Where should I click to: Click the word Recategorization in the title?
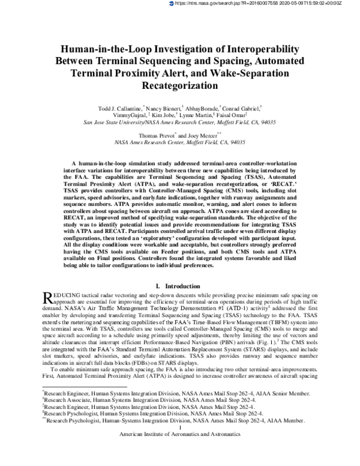179,85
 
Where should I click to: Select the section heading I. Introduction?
179,286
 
